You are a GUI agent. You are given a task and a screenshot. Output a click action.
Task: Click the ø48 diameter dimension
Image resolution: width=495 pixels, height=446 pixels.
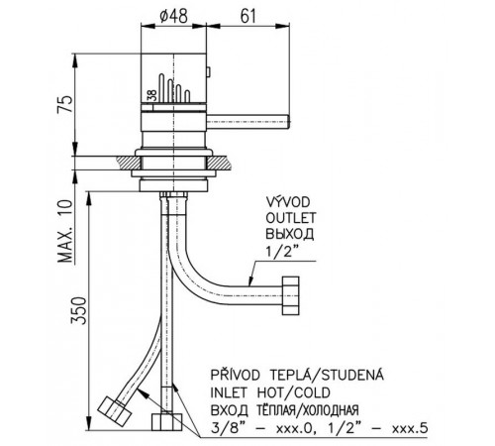point(173,16)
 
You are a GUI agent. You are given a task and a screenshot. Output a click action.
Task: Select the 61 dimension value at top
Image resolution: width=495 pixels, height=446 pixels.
point(247,16)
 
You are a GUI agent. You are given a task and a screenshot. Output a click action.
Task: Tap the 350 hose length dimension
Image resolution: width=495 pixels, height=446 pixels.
point(79,310)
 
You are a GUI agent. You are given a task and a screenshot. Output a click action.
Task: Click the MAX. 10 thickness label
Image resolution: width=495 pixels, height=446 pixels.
point(65,231)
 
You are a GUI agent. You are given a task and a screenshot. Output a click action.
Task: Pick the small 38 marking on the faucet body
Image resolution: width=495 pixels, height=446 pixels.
point(152,96)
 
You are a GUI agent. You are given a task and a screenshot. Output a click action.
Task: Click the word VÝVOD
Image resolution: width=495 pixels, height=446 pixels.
point(288,202)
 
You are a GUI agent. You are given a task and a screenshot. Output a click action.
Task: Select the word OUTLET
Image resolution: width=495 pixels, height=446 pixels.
point(291,218)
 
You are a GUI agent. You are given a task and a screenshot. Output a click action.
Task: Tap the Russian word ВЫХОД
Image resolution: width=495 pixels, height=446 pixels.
point(290,234)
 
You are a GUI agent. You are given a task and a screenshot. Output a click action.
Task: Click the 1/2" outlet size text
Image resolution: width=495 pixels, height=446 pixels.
point(280,252)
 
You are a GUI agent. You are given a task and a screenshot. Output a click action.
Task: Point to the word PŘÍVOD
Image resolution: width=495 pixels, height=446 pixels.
point(235,376)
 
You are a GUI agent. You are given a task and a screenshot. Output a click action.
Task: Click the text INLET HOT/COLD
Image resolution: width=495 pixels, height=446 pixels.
point(270,392)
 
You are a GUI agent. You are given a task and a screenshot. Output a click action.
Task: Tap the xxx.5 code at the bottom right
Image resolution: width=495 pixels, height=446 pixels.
point(410,428)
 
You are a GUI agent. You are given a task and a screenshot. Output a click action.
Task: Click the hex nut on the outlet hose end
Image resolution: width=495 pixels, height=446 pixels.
point(290,295)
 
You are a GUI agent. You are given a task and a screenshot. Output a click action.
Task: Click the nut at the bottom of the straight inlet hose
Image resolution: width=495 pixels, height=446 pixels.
point(166,422)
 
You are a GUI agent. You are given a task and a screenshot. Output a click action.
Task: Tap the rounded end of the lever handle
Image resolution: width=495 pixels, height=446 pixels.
point(288,121)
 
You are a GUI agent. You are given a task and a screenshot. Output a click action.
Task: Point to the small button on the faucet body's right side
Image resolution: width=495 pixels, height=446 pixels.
point(208,72)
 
